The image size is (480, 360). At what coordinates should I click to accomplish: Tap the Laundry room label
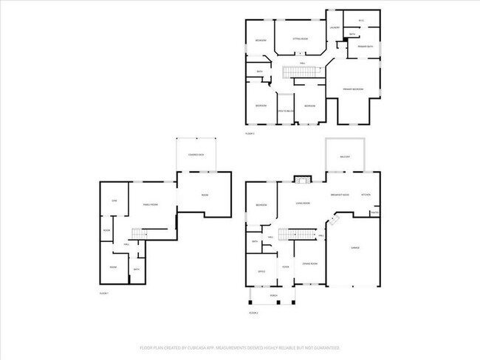335,28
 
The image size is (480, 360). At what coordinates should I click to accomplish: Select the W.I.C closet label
361,20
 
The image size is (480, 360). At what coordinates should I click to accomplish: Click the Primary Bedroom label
352,89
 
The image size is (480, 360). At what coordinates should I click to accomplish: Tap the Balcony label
346,157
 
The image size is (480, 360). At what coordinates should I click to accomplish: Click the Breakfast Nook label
340,194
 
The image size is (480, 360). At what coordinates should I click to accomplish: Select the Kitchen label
366,194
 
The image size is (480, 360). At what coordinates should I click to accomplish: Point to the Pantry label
374,213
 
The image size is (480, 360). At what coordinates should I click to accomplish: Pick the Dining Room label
309,263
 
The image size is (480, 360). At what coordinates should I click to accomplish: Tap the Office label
261,271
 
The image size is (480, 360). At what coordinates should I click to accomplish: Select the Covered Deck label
196,155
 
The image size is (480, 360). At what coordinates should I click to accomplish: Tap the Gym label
114,201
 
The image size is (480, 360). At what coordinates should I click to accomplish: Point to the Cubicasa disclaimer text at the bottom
240,347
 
